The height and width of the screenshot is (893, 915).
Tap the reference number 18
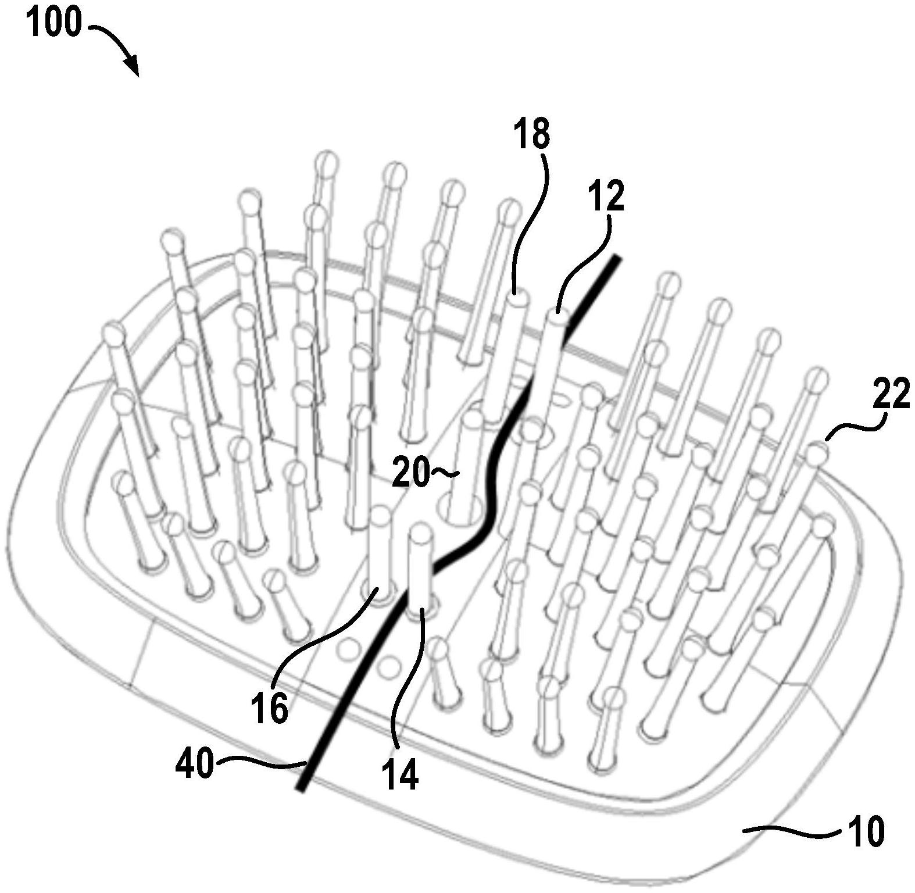(531, 134)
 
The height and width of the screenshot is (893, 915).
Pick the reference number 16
(270, 708)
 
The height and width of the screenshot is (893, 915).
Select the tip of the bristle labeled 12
(556, 317)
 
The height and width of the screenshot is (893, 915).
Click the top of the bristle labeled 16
(381, 514)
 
